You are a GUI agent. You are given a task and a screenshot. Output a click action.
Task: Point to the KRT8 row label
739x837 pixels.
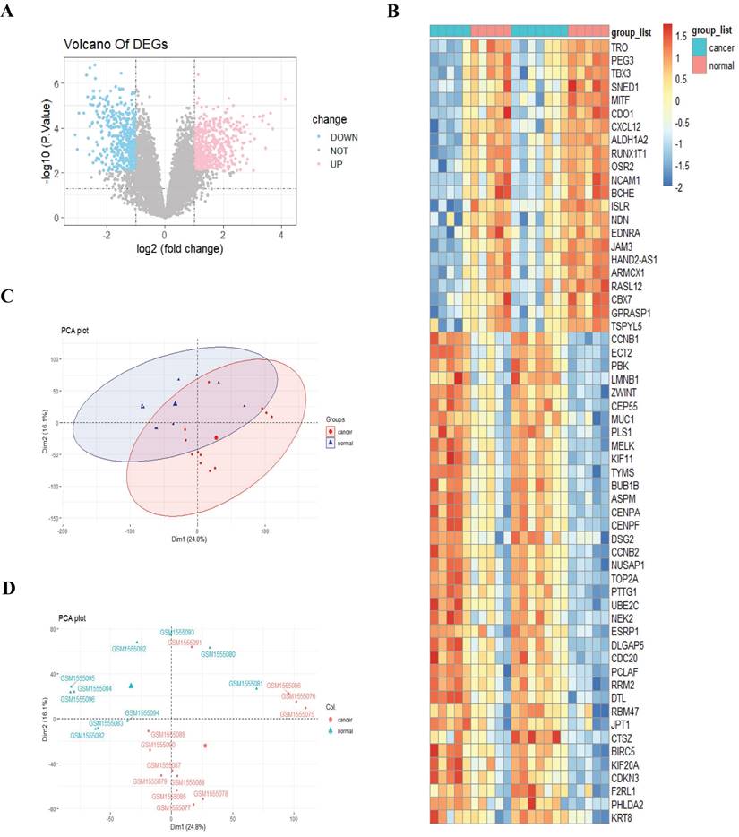(622, 818)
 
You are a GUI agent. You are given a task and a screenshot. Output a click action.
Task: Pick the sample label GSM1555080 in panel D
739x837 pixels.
(219, 654)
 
